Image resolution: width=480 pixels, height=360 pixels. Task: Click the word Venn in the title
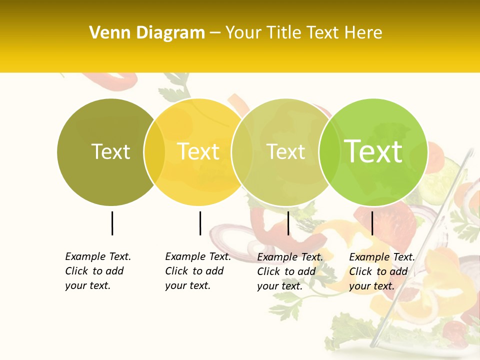tap(110, 33)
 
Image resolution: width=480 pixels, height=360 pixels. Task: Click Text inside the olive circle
tap(110, 151)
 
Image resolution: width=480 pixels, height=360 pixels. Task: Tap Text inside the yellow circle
tap(198, 151)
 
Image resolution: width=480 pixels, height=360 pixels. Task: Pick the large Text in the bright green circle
tap(373, 151)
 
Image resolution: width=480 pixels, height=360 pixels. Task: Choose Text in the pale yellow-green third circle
tap(286, 151)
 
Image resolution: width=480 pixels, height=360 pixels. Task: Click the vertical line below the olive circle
tap(112, 223)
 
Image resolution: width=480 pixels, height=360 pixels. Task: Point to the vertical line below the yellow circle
tap(200, 223)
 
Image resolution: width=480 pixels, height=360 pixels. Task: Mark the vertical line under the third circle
tap(288, 223)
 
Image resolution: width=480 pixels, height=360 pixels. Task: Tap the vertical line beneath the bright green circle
tap(372, 223)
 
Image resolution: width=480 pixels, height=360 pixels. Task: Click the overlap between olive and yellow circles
tap(154, 152)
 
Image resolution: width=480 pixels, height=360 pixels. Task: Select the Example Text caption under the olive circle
tap(98, 270)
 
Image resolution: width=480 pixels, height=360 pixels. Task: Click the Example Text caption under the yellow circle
tap(198, 270)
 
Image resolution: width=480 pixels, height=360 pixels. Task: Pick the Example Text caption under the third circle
tap(290, 271)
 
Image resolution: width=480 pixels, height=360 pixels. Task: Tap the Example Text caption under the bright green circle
tap(382, 271)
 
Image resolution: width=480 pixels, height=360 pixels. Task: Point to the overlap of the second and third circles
tap(242, 152)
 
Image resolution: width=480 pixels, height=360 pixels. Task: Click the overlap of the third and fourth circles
tap(328, 152)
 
